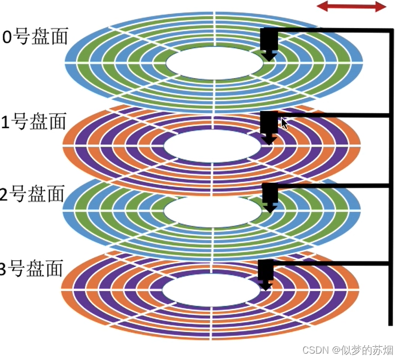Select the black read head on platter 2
(270, 196)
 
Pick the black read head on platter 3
(265, 273)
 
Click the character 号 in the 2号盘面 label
(20, 194)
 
